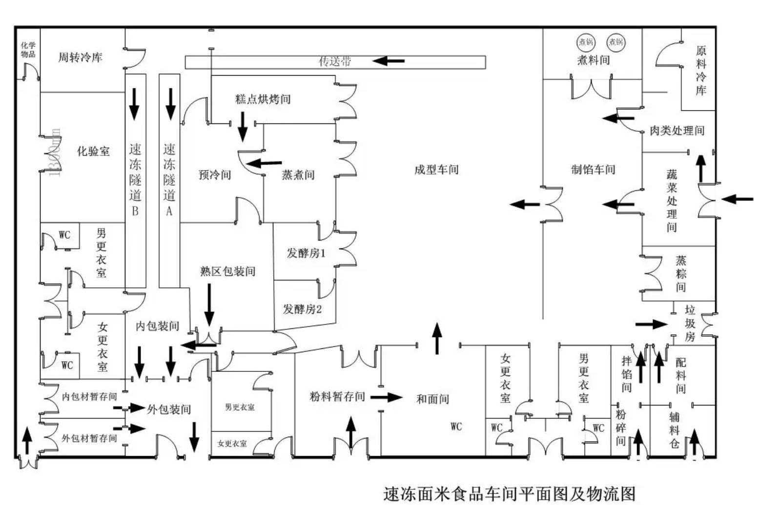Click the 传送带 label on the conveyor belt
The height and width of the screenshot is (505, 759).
pyautogui.click(x=335, y=61)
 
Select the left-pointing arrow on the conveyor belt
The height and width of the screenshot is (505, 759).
pyautogui.click(x=389, y=61)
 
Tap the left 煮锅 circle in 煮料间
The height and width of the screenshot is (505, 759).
pyautogui.click(x=586, y=42)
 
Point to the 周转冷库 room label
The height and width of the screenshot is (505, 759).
pyautogui.click(x=81, y=57)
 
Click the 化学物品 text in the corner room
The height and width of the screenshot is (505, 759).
pyautogui.click(x=28, y=49)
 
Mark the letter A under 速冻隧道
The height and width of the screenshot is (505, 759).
pyautogui.click(x=169, y=211)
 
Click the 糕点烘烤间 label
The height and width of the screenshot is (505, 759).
pyautogui.click(x=263, y=99)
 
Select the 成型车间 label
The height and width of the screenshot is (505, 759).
pyautogui.click(x=436, y=169)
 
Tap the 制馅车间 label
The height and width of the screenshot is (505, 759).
pyautogui.click(x=593, y=169)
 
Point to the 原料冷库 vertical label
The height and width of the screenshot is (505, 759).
pyautogui.click(x=701, y=70)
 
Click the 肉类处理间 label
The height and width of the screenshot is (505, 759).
pyautogui.click(x=677, y=130)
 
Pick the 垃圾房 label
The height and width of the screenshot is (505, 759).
pyautogui.click(x=690, y=323)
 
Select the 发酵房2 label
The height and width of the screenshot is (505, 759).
pyautogui.click(x=303, y=309)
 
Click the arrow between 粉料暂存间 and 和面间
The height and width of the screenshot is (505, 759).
pyautogui.click(x=386, y=397)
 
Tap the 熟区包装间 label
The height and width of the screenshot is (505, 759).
pyautogui.click(x=228, y=271)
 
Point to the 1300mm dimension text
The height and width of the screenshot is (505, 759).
pyautogui.click(x=55, y=152)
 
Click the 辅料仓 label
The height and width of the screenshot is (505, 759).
pyautogui.click(x=674, y=429)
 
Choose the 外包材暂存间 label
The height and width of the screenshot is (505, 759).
pyautogui.click(x=89, y=438)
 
